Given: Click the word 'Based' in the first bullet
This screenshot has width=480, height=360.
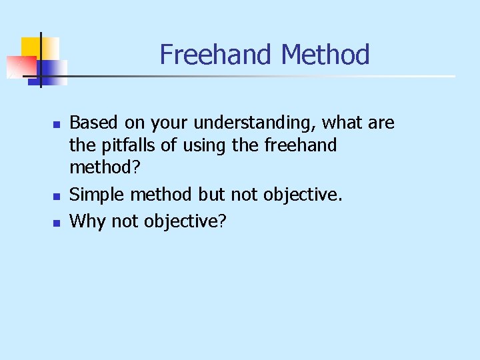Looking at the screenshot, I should [91, 123].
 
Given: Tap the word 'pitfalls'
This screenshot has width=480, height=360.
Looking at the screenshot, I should [125, 145].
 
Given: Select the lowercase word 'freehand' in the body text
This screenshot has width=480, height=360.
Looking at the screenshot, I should [301, 145].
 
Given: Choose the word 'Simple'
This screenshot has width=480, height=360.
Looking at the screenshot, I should [97, 195].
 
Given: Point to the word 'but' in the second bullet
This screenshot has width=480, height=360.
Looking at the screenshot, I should [211, 195].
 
